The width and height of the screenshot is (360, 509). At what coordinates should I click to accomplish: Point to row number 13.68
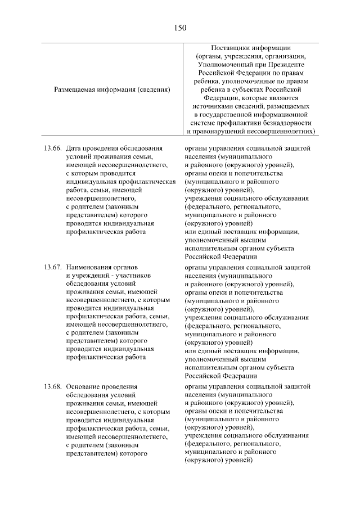pyautogui.click(x=52, y=386)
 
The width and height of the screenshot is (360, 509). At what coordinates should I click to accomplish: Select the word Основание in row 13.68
pyautogui.click(x=83, y=386)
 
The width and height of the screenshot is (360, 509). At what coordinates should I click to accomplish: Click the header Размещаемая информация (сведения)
pyautogui.click(x=112, y=89)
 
